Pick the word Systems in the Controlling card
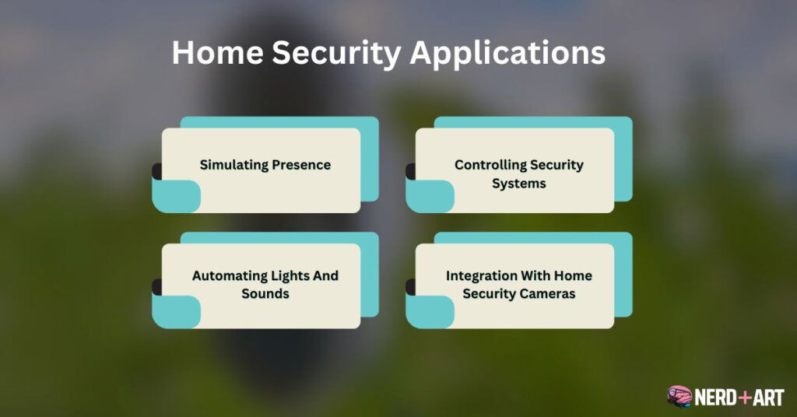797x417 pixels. (518, 184)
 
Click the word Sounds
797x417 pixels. (265, 294)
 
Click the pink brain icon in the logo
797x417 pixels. (679, 396)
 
